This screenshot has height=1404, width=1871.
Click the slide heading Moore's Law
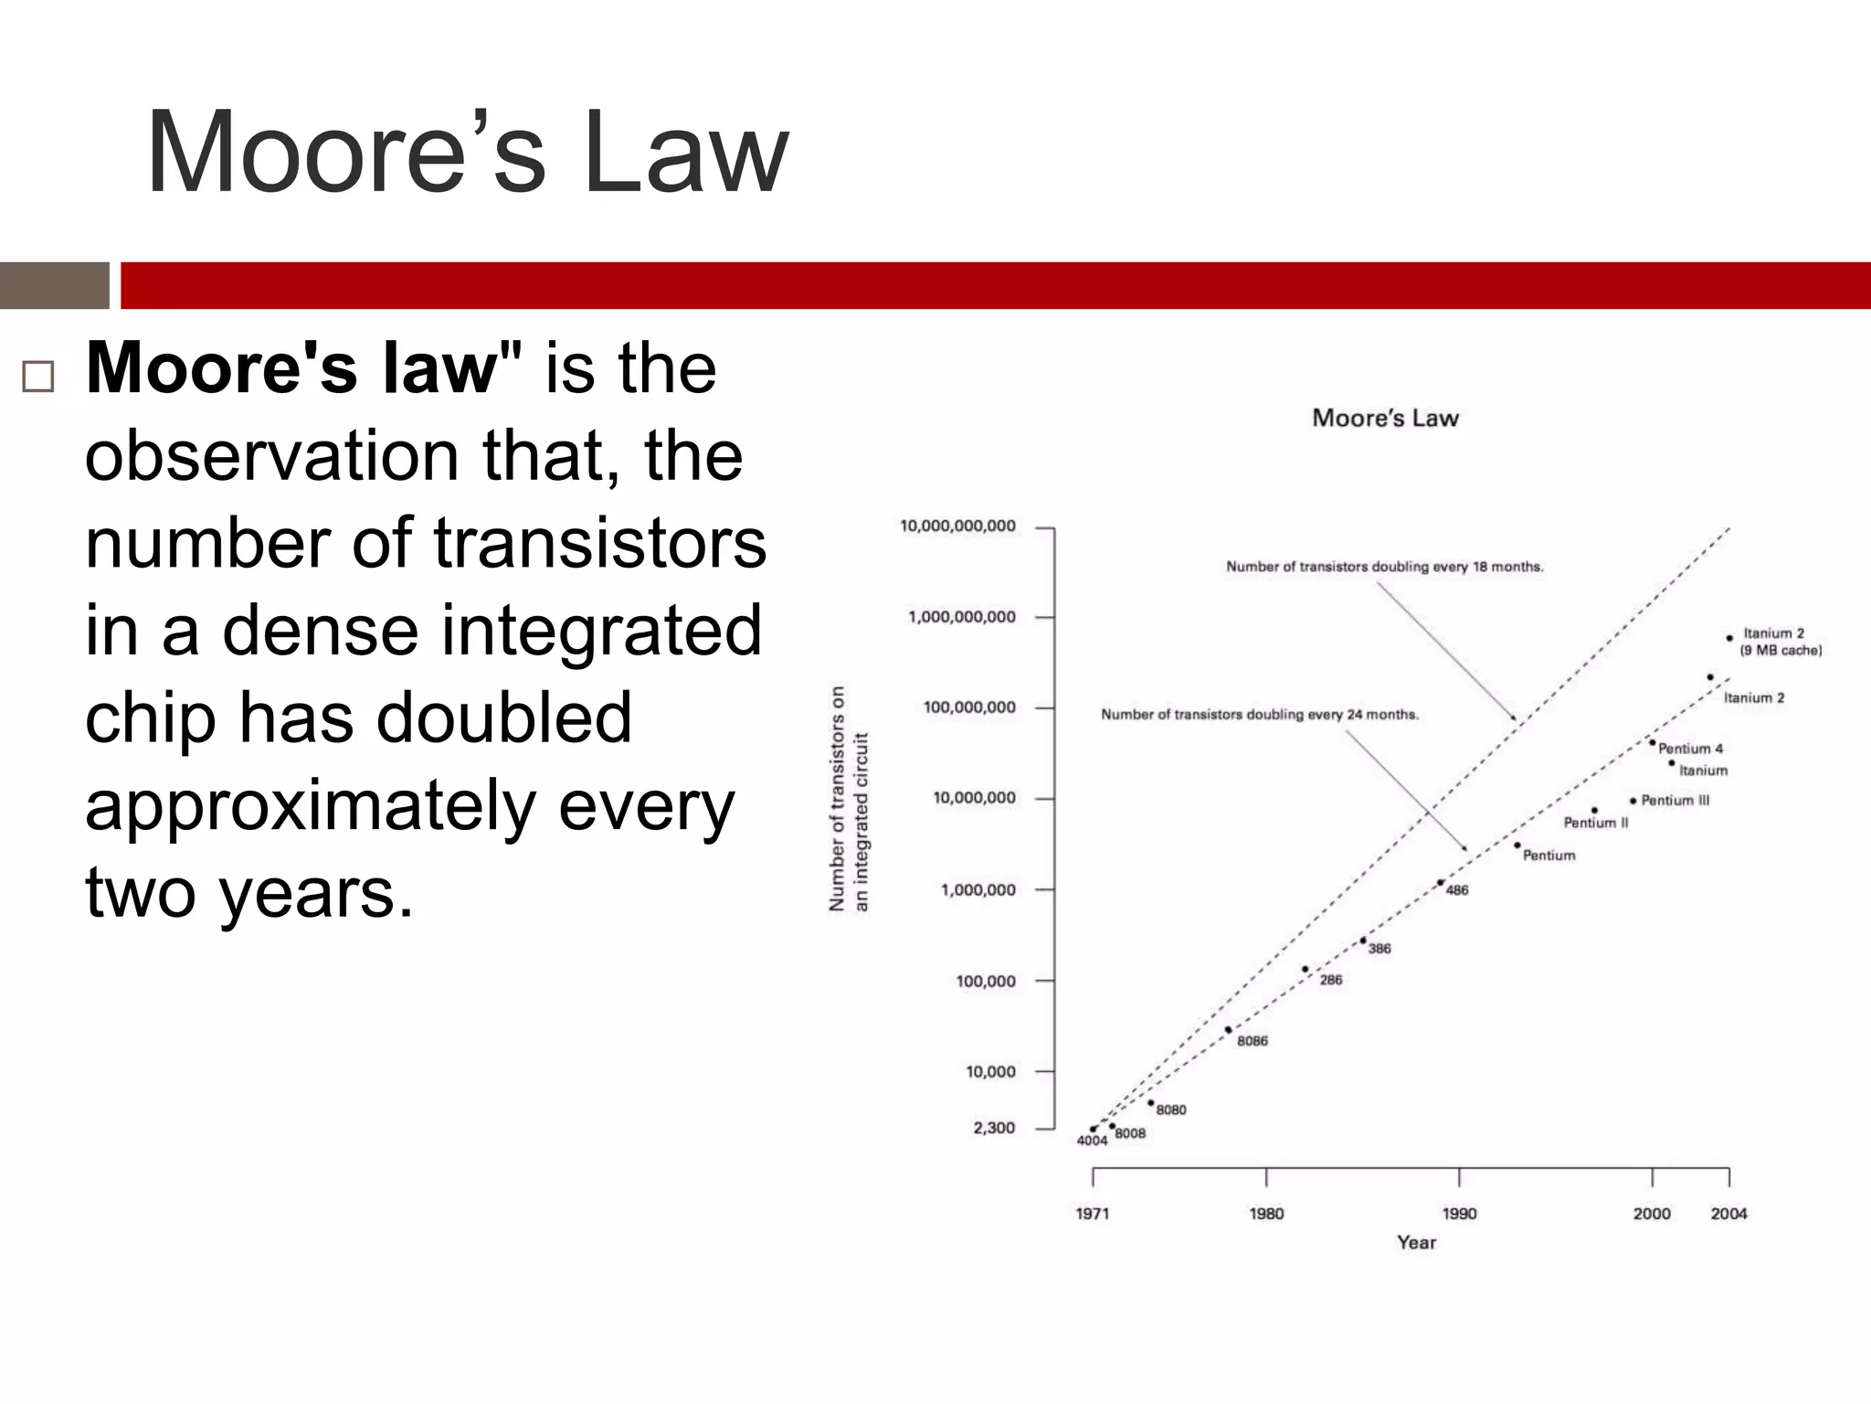click(466, 153)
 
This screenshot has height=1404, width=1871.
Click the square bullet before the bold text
click(37, 376)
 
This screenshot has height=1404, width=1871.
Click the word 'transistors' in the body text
click(599, 543)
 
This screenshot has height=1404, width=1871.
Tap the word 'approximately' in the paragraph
click(311, 805)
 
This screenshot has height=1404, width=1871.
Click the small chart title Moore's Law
click(1385, 419)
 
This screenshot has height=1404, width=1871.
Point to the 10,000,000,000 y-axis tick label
click(957, 526)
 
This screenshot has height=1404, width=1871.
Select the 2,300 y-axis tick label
click(994, 1128)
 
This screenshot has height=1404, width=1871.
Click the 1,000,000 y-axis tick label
click(978, 890)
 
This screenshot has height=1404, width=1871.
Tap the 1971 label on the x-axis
click(1093, 1214)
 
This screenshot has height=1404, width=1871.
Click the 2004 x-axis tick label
click(1728, 1214)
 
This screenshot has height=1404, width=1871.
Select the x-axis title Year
click(1416, 1242)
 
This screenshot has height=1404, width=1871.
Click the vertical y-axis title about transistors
click(849, 798)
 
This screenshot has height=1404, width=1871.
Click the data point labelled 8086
click(1228, 1029)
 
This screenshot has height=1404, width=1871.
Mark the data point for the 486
click(1441, 883)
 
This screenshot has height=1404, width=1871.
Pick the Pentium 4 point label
click(1690, 749)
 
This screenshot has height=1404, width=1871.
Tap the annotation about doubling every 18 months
click(1384, 567)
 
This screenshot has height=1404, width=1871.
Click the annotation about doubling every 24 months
click(1259, 715)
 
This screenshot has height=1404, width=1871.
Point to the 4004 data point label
click(1092, 1141)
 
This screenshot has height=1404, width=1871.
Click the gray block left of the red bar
click(54, 285)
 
